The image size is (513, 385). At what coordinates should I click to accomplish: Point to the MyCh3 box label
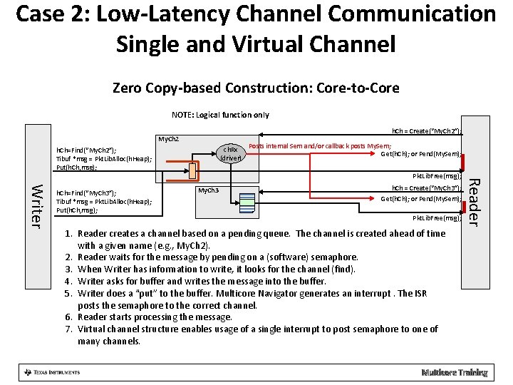click(x=208, y=190)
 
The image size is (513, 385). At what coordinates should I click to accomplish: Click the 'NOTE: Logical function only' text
click(x=220, y=115)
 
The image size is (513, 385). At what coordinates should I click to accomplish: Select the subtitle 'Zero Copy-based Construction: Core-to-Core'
click(x=256, y=88)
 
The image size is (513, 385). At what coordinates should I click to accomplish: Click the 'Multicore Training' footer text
click(x=454, y=372)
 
